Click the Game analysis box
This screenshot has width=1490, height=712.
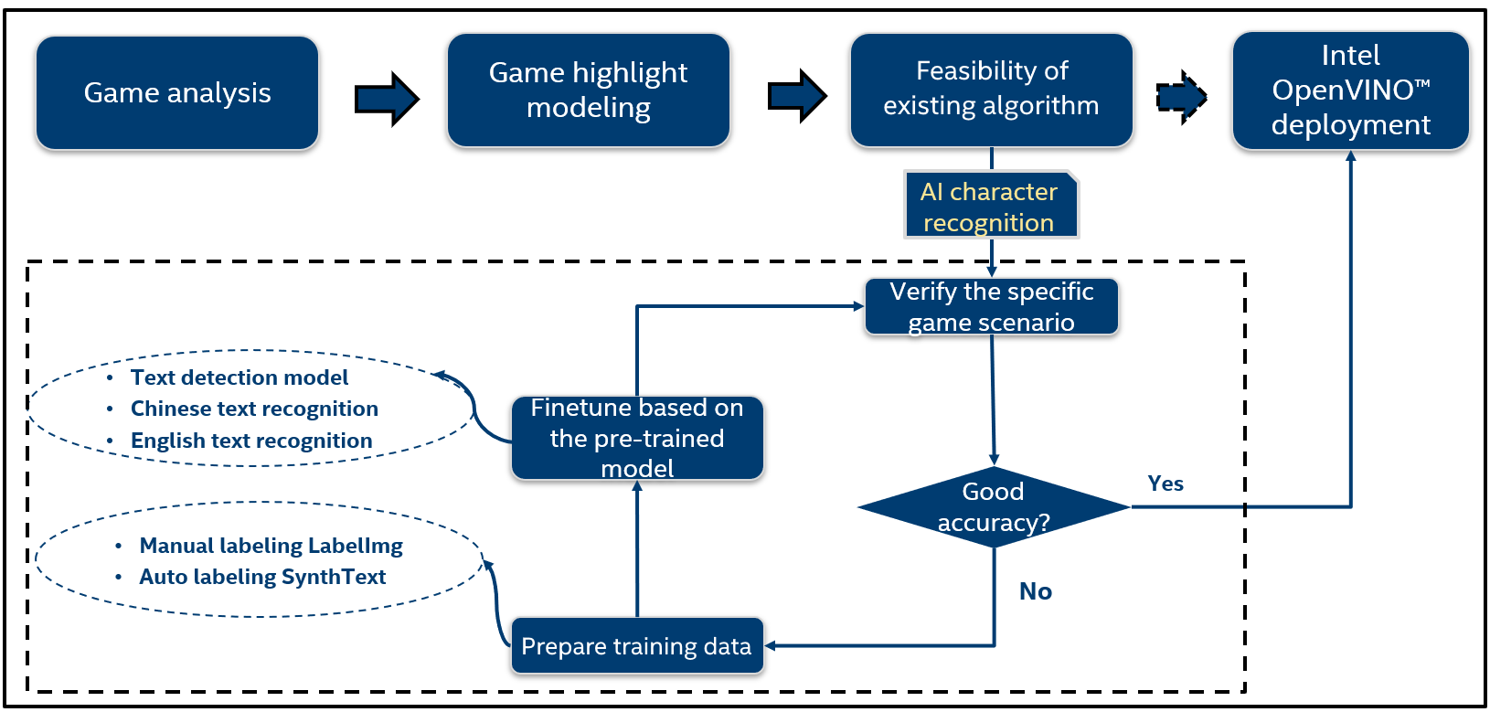pyautogui.click(x=177, y=93)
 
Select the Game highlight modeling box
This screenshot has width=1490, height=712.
pyautogui.click(x=588, y=90)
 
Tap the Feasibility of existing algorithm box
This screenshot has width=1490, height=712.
pyautogui.click(x=991, y=89)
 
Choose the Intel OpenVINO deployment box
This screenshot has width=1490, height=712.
pyautogui.click(x=1350, y=90)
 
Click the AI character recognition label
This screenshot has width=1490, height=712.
pyautogui.click(x=990, y=207)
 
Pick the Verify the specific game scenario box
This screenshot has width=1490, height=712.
pyautogui.click(x=991, y=307)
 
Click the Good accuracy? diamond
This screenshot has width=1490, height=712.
pyautogui.click(x=994, y=507)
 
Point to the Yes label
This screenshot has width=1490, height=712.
pyautogui.click(x=1165, y=484)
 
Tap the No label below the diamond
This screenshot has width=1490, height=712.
pyautogui.click(x=1036, y=591)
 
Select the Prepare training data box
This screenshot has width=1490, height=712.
pyautogui.click(x=636, y=646)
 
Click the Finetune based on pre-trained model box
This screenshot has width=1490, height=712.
pyautogui.click(x=637, y=438)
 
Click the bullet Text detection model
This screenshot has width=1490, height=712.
pyautogui.click(x=239, y=377)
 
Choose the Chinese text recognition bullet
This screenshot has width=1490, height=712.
pyautogui.click(x=254, y=409)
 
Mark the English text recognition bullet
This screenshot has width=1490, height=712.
pyautogui.click(x=251, y=441)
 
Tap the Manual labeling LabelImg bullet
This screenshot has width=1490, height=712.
pyautogui.click(x=271, y=546)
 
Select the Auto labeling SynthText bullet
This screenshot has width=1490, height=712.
pyautogui.click(x=262, y=577)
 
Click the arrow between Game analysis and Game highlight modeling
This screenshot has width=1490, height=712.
pyautogui.click(x=387, y=97)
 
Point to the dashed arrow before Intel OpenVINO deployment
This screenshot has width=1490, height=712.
pyautogui.click(x=1182, y=96)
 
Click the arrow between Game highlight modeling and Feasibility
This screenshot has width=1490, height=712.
pyautogui.click(x=797, y=95)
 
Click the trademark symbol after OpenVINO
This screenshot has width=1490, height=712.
pyautogui.click(x=1422, y=84)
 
